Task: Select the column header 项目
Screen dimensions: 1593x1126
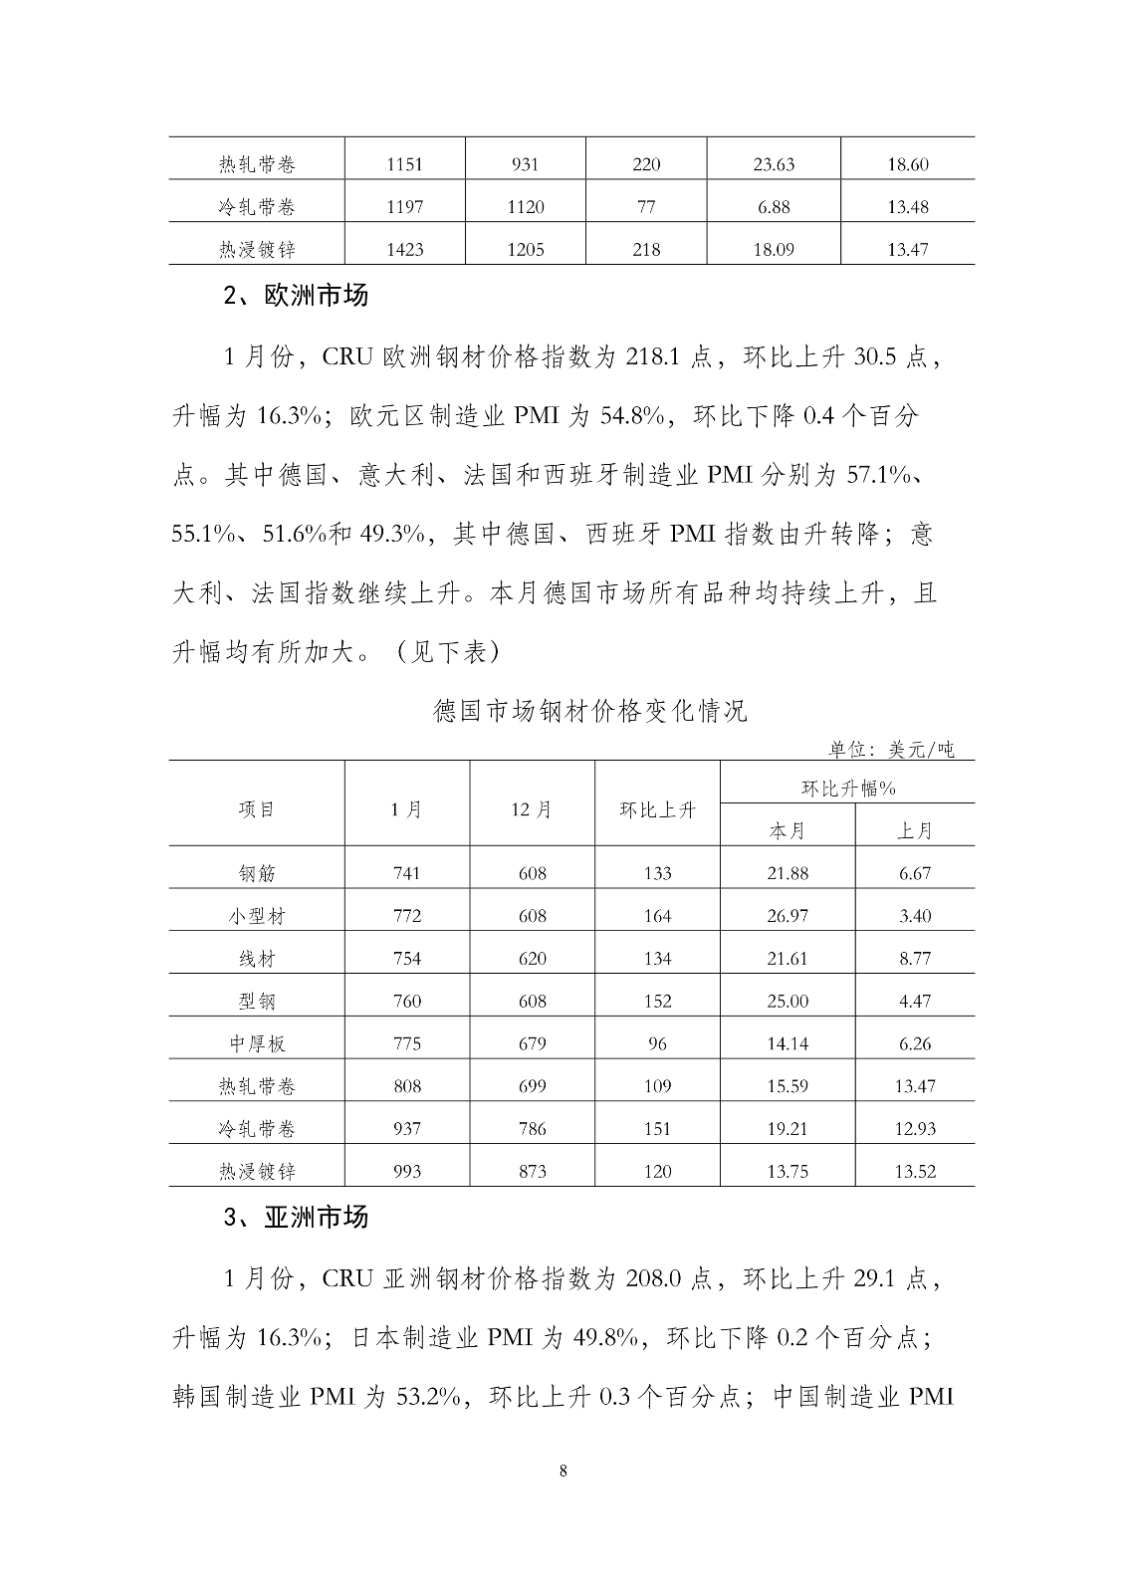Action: (x=257, y=808)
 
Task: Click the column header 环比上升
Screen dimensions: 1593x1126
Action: (x=657, y=808)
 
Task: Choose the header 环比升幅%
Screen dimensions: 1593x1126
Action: (x=848, y=788)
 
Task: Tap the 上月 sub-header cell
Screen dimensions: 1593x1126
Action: (x=915, y=830)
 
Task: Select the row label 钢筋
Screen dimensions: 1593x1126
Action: (x=257, y=873)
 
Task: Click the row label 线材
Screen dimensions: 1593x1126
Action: (x=257, y=959)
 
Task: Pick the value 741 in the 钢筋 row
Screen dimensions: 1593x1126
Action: (x=407, y=873)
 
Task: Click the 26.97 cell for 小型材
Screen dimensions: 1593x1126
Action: (x=788, y=916)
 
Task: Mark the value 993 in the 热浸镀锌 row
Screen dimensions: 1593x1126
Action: (x=407, y=1172)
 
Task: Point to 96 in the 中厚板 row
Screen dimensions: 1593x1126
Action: (x=657, y=1043)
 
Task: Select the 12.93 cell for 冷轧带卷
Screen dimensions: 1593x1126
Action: (x=915, y=1129)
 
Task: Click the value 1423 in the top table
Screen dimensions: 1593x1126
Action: (x=404, y=249)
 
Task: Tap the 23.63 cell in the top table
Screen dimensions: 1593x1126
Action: (x=774, y=164)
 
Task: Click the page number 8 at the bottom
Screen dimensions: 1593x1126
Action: (x=563, y=1472)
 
